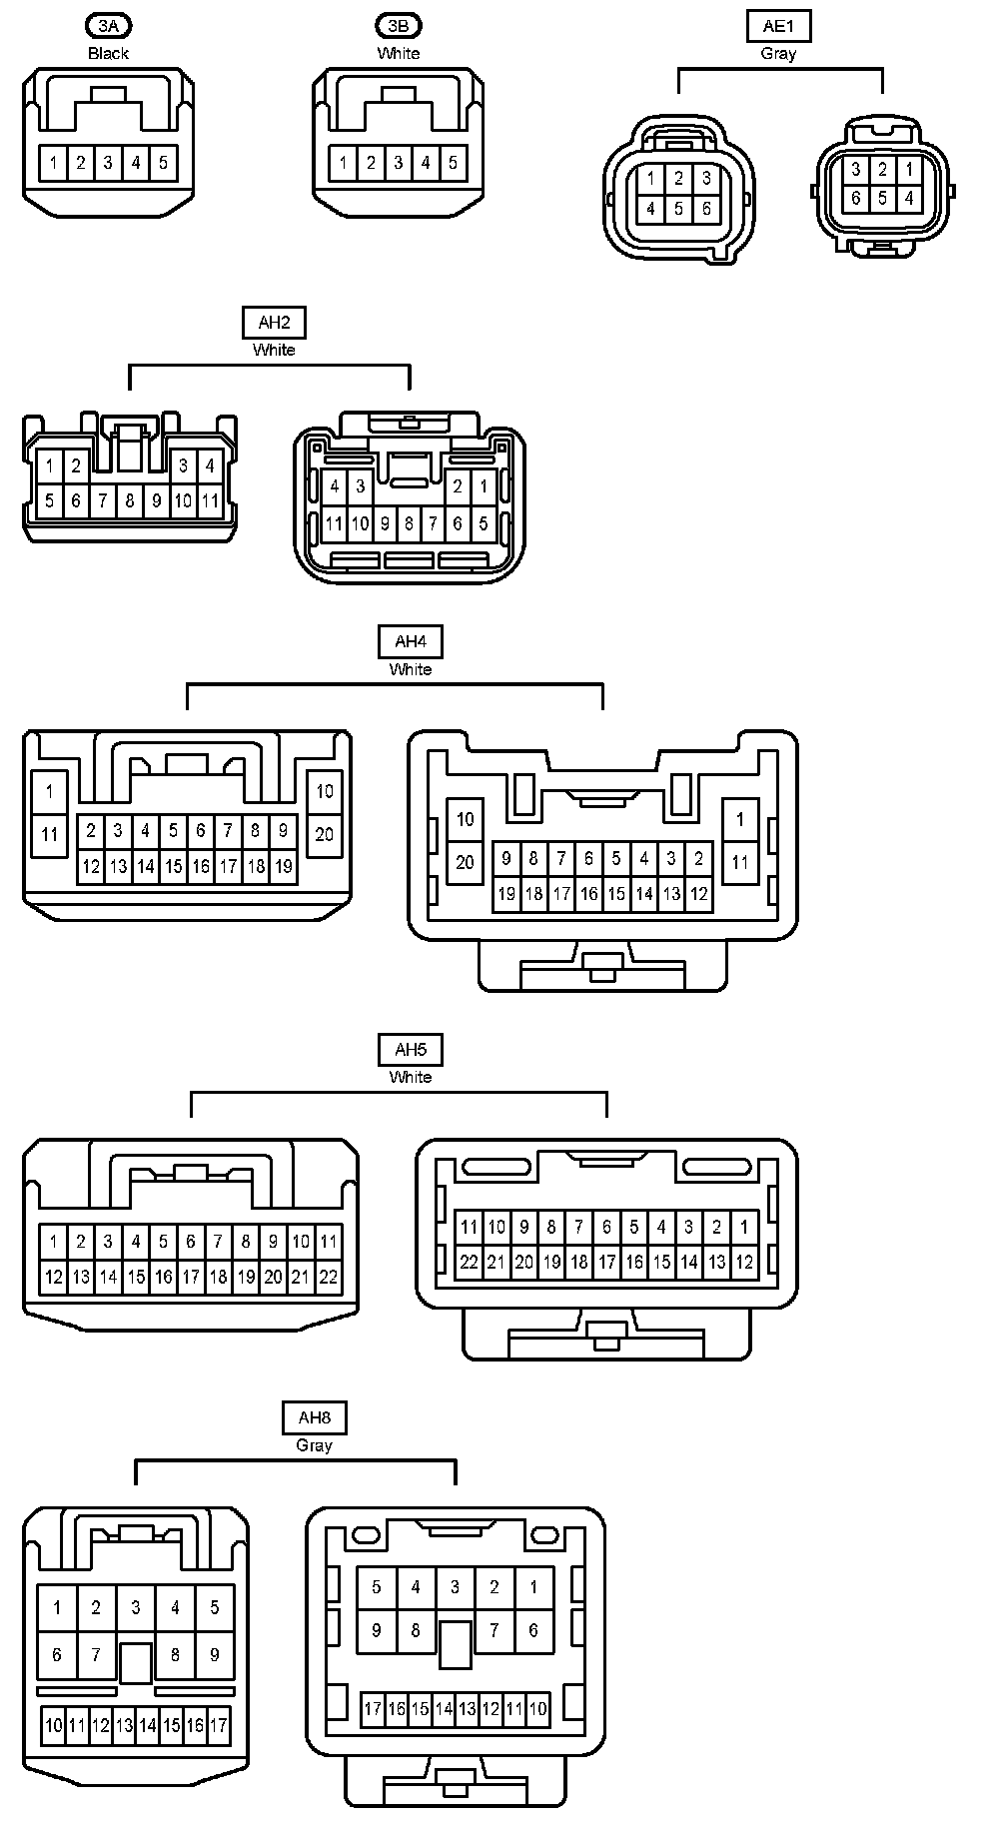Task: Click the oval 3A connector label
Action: pyautogui.click(x=108, y=26)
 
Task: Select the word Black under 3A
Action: pyautogui.click(x=108, y=53)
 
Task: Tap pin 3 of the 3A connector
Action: pyautogui.click(x=108, y=163)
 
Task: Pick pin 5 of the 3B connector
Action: pyautogui.click(x=453, y=163)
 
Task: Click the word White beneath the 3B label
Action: pyautogui.click(x=399, y=53)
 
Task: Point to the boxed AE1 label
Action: pyautogui.click(x=778, y=26)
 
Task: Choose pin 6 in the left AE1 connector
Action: pyautogui.click(x=706, y=209)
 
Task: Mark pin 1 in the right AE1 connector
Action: pyautogui.click(x=909, y=171)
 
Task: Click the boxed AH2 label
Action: pyautogui.click(x=274, y=323)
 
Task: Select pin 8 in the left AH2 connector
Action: pyautogui.click(x=129, y=500)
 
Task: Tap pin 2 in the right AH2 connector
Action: pyautogui.click(x=458, y=486)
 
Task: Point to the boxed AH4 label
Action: pyautogui.click(x=410, y=641)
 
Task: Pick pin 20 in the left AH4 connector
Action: pyautogui.click(x=325, y=833)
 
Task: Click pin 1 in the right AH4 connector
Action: pyautogui.click(x=740, y=820)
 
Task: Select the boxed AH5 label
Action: pyautogui.click(x=410, y=1050)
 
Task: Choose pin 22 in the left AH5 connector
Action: pyautogui.click(x=329, y=1277)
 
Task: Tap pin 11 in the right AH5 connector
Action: pyautogui.click(x=469, y=1227)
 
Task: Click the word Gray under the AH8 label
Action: pyautogui.click(x=314, y=1445)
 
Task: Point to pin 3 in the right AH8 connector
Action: pyautogui.click(x=455, y=1586)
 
